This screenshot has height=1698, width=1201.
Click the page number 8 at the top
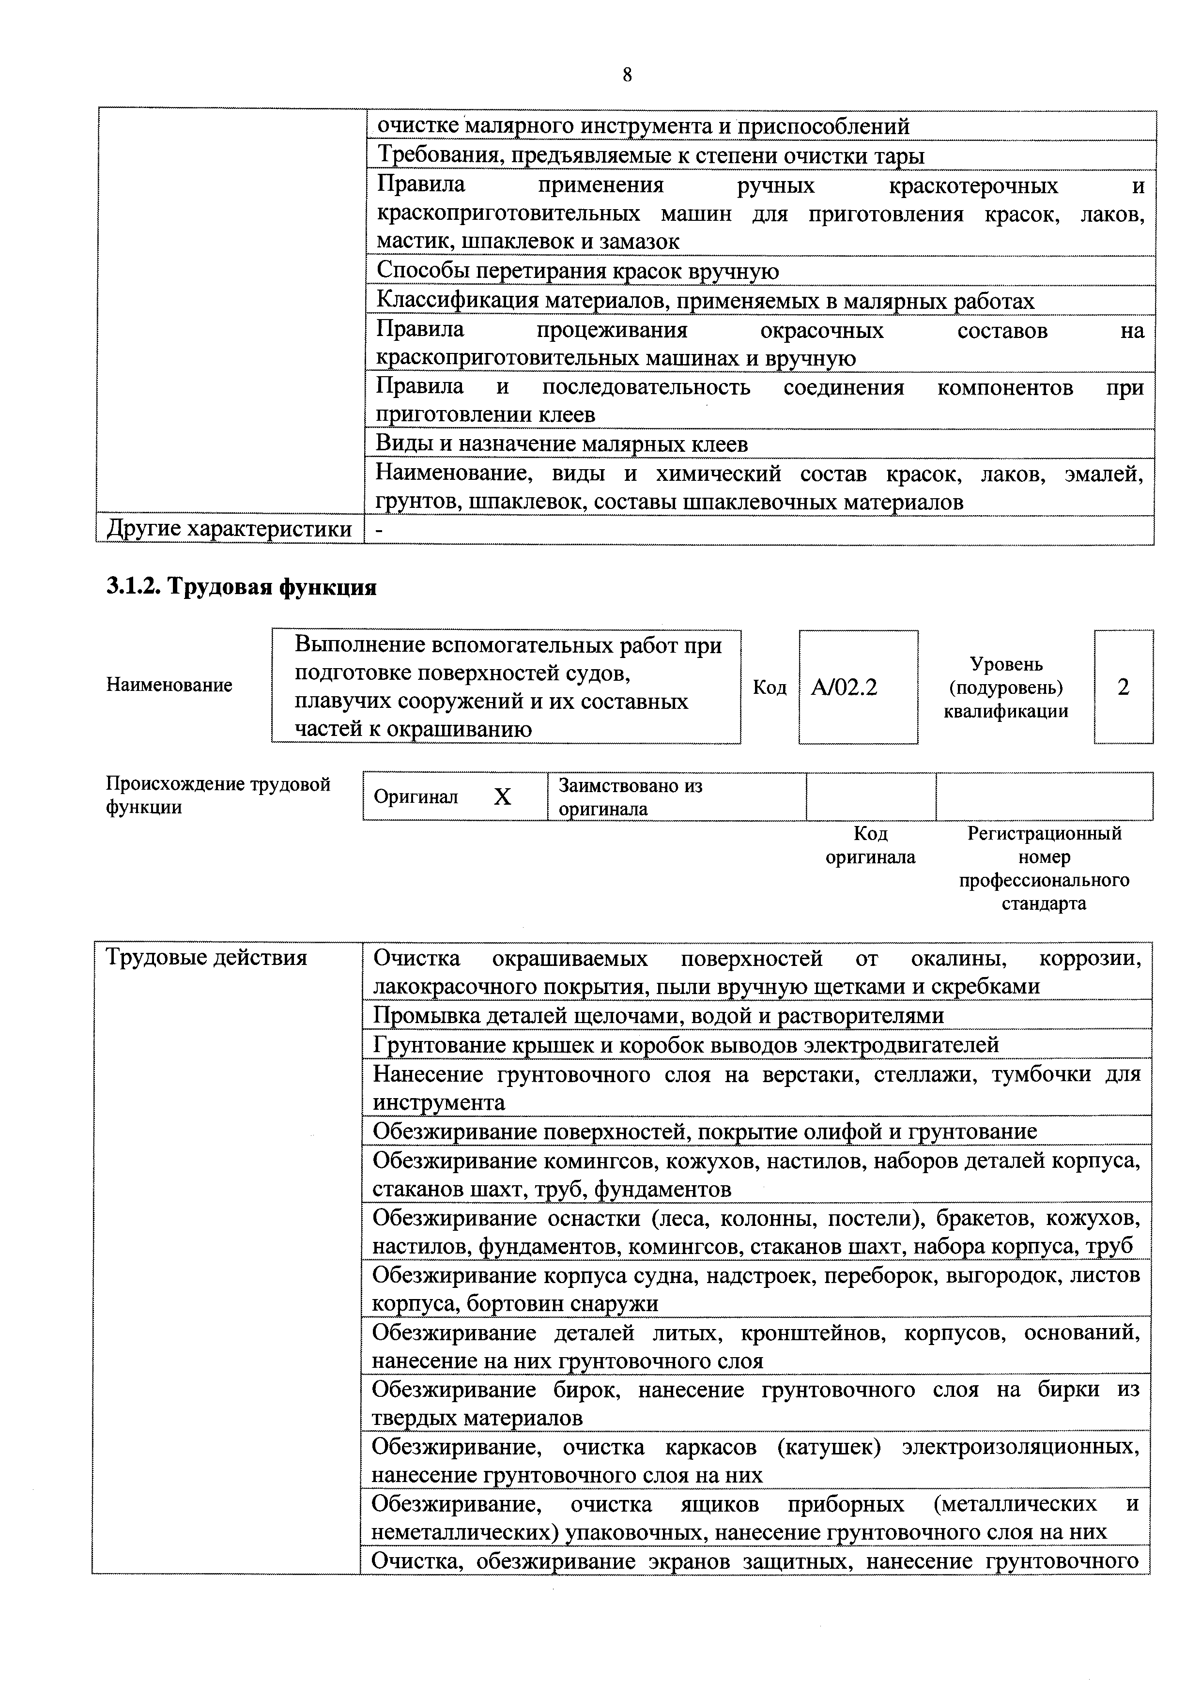[x=627, y=75]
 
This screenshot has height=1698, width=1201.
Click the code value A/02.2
[x=844, y=688]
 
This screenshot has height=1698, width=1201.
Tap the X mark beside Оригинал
[x=502, y=796]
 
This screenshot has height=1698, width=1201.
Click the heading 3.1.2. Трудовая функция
[x=242, y=587]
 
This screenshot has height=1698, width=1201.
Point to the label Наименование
[x=169, y=685]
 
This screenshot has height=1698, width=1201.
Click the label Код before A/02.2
[x=769, y=688]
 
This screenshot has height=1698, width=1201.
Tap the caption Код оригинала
[x=870, y=845]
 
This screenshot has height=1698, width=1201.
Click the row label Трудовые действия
[x=206, y=958]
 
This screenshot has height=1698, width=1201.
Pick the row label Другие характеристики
[x=229, y=530]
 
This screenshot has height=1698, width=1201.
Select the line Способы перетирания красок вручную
[x=578, y=272]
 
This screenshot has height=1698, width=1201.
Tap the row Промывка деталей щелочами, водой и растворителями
[x=658, y=1015]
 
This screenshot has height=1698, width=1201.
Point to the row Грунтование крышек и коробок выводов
[x=686, y=1044]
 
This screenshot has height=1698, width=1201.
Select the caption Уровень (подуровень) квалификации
[x=1006, y=688]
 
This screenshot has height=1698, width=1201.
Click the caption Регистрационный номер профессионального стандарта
[x=1044, y=868]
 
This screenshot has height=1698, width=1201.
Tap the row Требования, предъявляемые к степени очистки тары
[x=651, y=156]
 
